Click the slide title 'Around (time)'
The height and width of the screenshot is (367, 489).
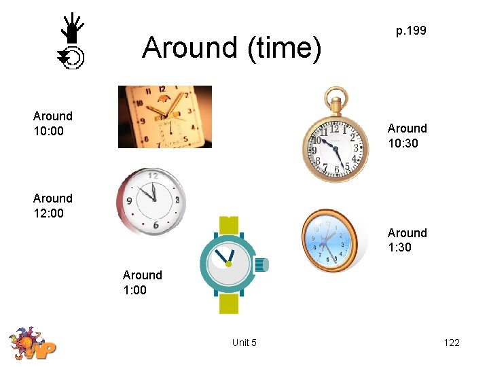tap(231, 48)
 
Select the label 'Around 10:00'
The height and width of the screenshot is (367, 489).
tap(53, 124)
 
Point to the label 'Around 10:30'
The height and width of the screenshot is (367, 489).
tap(407, 136)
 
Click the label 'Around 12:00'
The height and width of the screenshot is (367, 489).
tap(53, 206)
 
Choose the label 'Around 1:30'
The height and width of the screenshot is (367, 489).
tap(407, 240)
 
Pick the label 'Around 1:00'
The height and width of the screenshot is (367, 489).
tap(142, 283)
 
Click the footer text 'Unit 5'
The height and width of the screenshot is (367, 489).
tap(244, 343)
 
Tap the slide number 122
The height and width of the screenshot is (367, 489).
tap(452, 343)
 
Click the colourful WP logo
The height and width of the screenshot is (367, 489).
tap(32, 343)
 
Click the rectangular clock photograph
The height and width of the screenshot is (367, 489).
tap(164, 116)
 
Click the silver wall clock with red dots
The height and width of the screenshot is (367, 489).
tap(151, 202)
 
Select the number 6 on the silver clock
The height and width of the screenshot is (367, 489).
tap(156, 225)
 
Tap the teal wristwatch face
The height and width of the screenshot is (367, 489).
tap(229, 264)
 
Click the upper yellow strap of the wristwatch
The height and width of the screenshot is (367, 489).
tap(228, 225)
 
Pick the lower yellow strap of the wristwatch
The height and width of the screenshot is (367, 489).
tap(228, 303)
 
